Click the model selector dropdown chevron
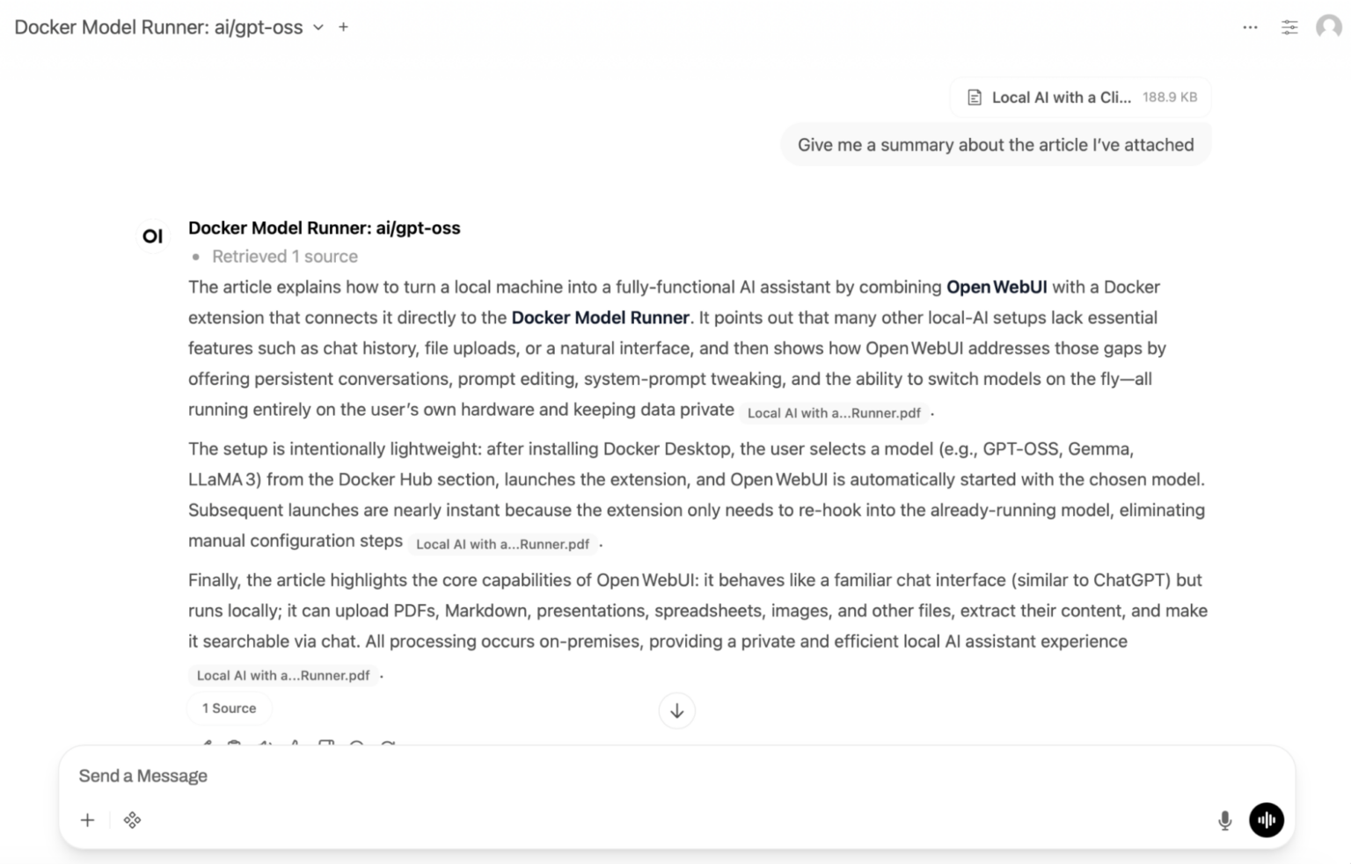click(x=318, y=27)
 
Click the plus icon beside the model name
click(x=343, y=27)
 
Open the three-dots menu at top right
click(x=1250, y=27)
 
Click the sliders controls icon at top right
click(x=1289, y=27)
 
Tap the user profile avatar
click(x=1328, y=27)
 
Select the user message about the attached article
click(x=995, y=145)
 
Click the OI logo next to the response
click(x=153, y=236)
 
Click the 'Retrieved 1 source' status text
click(x=284, y=257)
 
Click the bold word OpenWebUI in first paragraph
click(x=996, y=287)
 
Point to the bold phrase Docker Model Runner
click(x=600, y=318)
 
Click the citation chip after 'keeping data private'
click(x=833, y=413)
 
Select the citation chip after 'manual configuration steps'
click(x=502, y=544)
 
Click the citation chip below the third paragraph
click(x=282, y=676)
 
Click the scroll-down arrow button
click(x=676, y=711)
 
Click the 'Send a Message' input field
click(x=616, y=776)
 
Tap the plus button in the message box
click(x=87, y=820)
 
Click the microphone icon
click(x=1224, y=820)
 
